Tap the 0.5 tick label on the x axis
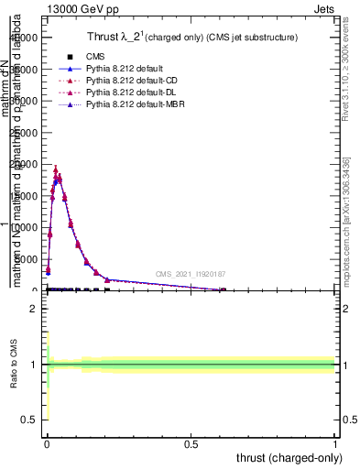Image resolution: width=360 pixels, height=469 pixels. click(191, 443)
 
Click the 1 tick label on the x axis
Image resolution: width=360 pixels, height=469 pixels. click(335, 443)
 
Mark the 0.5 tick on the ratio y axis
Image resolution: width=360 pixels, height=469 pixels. click(30, 420)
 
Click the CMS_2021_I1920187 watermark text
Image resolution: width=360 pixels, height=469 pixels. click(191, 274)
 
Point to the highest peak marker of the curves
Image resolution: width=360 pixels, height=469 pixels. click(56, 169)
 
